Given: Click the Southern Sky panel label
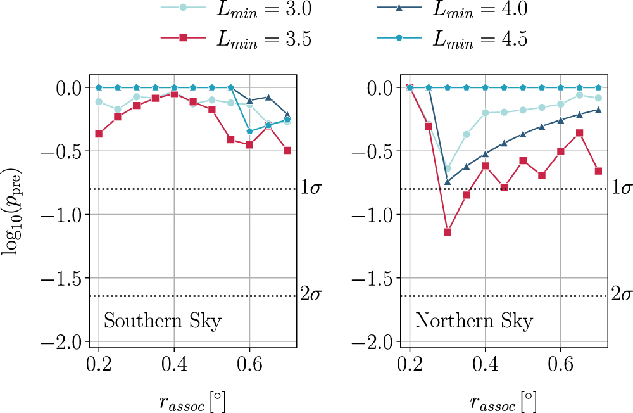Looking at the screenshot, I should tap(163, 321).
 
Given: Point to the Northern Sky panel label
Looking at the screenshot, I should tap(474, 321).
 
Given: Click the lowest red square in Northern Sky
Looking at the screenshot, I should tap(448, 232).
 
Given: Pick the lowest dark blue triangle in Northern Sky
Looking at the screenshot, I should tap(448, 182).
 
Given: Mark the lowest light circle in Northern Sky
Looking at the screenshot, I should tap(448, 168).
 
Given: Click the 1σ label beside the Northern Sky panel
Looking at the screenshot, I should tap(621, 188).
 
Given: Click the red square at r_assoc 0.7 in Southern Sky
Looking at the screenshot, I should tap(287, 150).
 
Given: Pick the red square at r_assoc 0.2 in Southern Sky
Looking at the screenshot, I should tap(99, 134).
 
